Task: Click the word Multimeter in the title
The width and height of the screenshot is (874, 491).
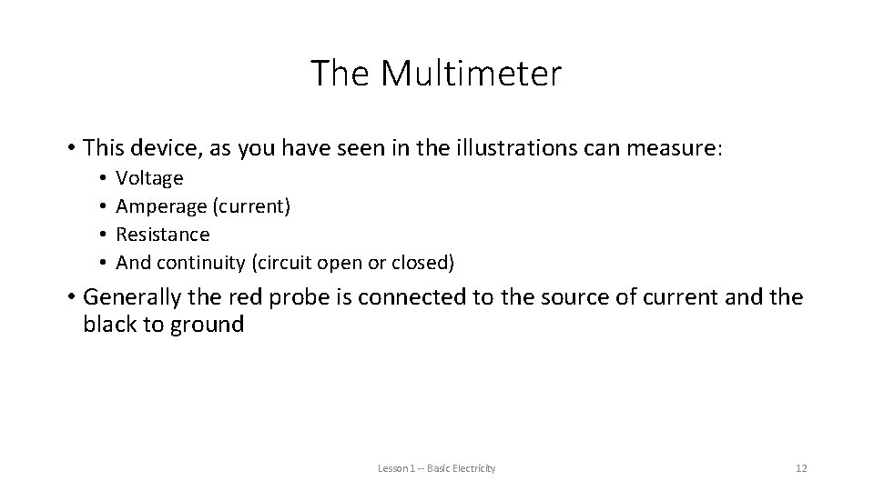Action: pos(473,74)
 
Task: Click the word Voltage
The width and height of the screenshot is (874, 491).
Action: pos(150,178)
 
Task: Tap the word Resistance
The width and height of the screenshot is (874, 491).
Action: pos(163,235)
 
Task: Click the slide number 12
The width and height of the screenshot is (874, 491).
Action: pos(801,468)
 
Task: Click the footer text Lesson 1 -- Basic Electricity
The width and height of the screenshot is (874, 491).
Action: pos(437,468)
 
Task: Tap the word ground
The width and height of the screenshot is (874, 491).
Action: pos(207,325)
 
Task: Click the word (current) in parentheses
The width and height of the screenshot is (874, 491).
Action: pos(251,206)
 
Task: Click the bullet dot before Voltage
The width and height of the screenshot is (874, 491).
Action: pos(104,178)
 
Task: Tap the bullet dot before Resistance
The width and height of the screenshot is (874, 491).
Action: pos(104,235)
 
